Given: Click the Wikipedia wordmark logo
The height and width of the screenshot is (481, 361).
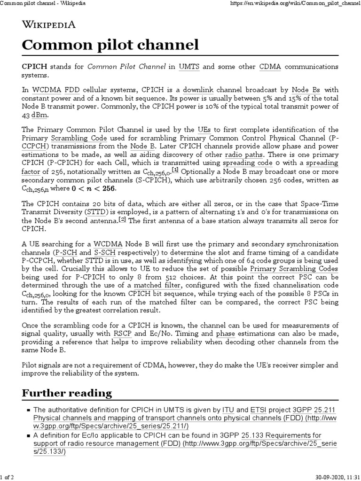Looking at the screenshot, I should [48, 25].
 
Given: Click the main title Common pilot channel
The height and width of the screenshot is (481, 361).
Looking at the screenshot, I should [110, 46].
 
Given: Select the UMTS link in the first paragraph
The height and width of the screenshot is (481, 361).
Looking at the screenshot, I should [189, 67].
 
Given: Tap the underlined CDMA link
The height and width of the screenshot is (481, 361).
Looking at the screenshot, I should [270, 67].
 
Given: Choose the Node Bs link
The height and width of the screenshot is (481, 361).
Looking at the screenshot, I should [306, 89].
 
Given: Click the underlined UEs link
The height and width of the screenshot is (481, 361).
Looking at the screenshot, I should [203, 130].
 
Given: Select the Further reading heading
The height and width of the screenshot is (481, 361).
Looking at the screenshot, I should [67, 393].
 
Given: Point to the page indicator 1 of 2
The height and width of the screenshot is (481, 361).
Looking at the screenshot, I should [7, 477].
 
